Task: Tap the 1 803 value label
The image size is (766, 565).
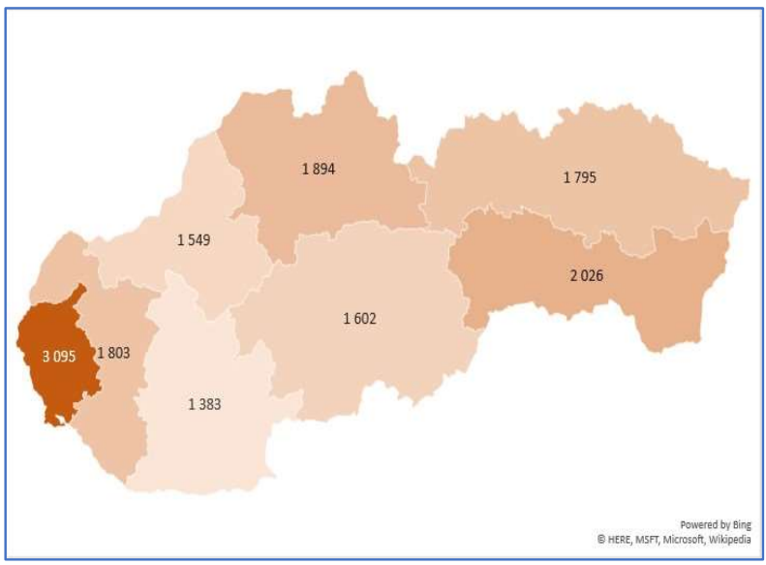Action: tap(113, 354)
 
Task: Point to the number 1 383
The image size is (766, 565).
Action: tap(204, 404)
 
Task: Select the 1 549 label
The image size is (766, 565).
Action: tap(195, 238)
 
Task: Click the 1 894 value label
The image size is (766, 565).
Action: tap(319, 169)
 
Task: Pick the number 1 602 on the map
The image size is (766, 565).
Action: tap(359, 319)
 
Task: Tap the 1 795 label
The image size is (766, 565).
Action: tap(580, 177)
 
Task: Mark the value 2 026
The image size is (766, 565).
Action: tap(587, 275)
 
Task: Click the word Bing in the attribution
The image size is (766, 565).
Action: tap(740, 524)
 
